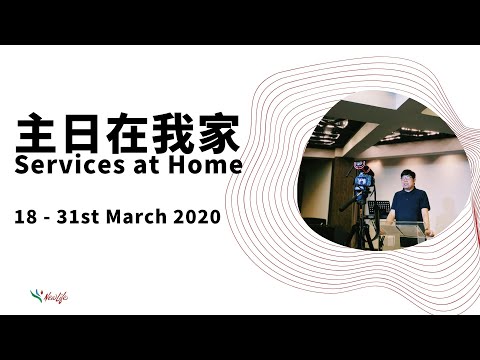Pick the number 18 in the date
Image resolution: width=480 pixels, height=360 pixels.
point(25,214)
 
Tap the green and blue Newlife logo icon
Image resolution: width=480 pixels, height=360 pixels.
point(36,294)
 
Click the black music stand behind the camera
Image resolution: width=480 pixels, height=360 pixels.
point(378,209)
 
